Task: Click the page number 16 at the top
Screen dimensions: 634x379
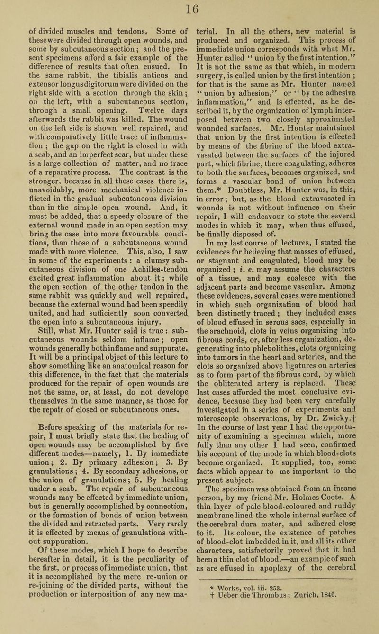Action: click(x=189, y=9)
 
